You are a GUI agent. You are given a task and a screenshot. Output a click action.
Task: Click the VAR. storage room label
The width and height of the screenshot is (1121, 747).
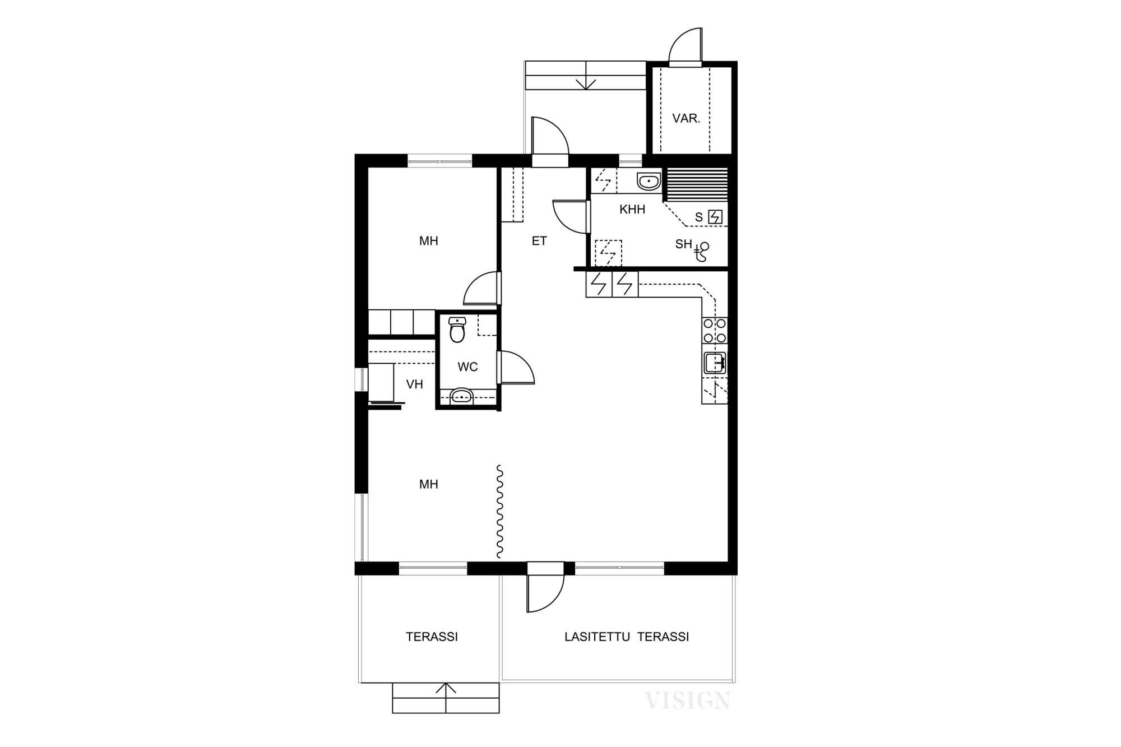686,119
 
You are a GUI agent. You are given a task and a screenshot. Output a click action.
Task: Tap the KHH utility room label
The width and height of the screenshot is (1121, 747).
632,210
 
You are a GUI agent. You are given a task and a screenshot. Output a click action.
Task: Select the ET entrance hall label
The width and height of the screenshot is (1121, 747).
539,241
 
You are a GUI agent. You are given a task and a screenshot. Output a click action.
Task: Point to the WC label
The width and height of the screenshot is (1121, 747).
467,367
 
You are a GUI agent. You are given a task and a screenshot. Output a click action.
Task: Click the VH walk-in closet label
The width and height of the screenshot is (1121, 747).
414,384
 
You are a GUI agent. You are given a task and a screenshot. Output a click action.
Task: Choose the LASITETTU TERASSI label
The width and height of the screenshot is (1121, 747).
627,637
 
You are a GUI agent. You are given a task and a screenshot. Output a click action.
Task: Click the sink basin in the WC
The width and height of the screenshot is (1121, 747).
461,396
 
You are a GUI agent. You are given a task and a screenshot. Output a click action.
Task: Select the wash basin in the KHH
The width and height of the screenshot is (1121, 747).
648,182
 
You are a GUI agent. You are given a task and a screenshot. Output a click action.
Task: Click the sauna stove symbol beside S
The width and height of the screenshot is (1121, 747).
715,217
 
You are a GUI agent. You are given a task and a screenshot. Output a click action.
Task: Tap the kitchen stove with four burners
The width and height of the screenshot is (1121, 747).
715,331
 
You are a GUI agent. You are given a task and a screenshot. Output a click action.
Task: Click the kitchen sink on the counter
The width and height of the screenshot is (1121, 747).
715,363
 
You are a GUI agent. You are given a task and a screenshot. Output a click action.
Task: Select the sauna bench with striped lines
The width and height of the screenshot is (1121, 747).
696,184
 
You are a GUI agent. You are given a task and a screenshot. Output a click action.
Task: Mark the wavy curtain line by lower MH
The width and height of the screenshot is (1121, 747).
499,512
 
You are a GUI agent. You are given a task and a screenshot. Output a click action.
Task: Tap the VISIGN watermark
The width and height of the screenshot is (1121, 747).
687,700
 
